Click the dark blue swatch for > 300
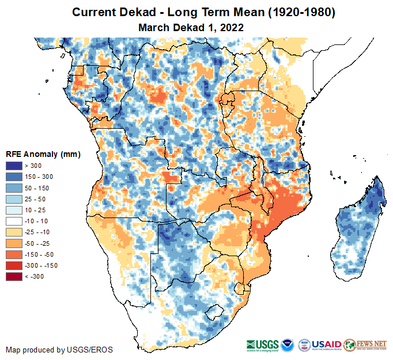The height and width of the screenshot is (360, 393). tap(14, 166)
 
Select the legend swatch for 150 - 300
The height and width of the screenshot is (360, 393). tap(14, 177)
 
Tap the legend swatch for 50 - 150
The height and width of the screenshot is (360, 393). tap(14, 188)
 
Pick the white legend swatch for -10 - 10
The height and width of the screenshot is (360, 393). tap(14, 221)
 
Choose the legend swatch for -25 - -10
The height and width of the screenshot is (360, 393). tap(14, 232)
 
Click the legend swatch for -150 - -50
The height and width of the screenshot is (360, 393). tap(14, 254)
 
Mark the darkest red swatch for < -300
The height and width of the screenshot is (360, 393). tap(14, 276)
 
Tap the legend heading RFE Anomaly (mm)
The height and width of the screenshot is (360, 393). tap(43, 154)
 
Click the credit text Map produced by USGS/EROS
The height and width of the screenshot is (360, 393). tap(59, 350)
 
